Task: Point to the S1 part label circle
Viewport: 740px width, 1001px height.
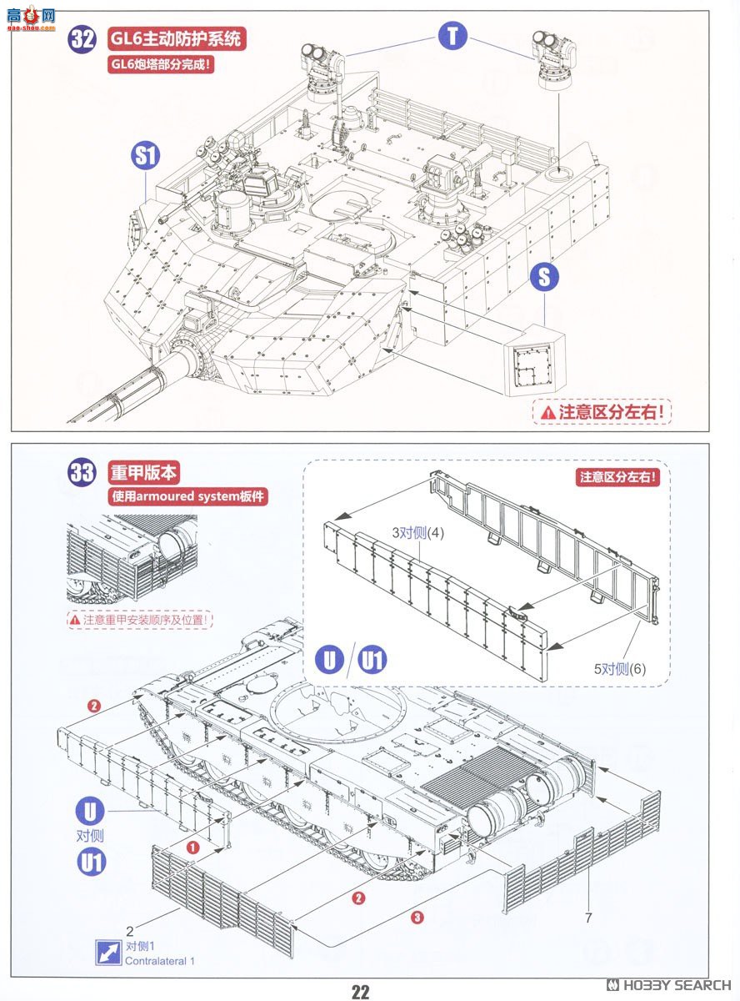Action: pos(147,156)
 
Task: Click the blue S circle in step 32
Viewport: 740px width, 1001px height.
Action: pos(544,277)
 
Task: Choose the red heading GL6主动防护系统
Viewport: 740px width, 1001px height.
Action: pos(177,38)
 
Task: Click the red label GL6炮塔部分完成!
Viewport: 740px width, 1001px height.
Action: pos(160,64)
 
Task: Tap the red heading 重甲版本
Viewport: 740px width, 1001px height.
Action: pos(143,472)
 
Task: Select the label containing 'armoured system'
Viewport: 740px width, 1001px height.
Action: pos(189,497)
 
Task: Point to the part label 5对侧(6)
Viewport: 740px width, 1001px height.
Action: pos(620,668)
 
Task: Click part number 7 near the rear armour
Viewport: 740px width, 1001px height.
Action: pos(588,918)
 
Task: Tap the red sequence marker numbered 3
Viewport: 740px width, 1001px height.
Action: pos(417,918)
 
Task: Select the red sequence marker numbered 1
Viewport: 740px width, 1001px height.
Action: pos(192,847)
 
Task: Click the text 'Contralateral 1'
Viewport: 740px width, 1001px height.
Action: pos(160,961)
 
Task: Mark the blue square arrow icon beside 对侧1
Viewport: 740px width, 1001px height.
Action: pos(107,953)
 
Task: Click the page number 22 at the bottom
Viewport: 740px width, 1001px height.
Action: pos(360,991)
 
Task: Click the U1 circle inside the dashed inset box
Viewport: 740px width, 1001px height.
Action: pos(373,660)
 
